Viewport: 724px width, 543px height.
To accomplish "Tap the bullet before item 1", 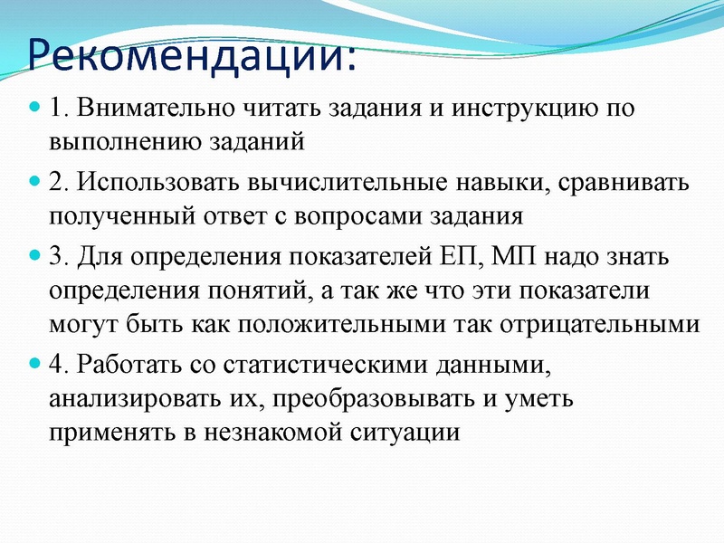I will click(x=36, y=107).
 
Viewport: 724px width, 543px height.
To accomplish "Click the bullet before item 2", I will click(x=36, y=181).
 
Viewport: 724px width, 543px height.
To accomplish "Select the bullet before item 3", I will click(x=36, y=255).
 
